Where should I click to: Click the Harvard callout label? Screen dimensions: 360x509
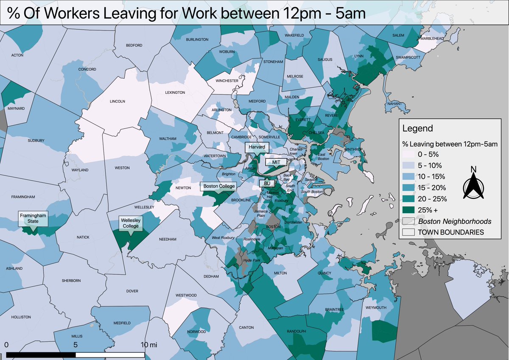coord(257,147)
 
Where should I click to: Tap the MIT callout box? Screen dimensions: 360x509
coord(276,162)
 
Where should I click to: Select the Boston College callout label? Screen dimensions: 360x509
coord(218,186)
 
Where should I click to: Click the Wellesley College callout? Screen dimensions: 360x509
coord(131,223)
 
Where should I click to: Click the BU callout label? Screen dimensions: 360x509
coord(267,183)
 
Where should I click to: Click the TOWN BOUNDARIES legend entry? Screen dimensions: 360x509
coord(451,232)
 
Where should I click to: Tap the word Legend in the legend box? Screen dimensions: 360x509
coord(418,128)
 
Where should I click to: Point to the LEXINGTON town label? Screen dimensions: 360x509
coord(175,92)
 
